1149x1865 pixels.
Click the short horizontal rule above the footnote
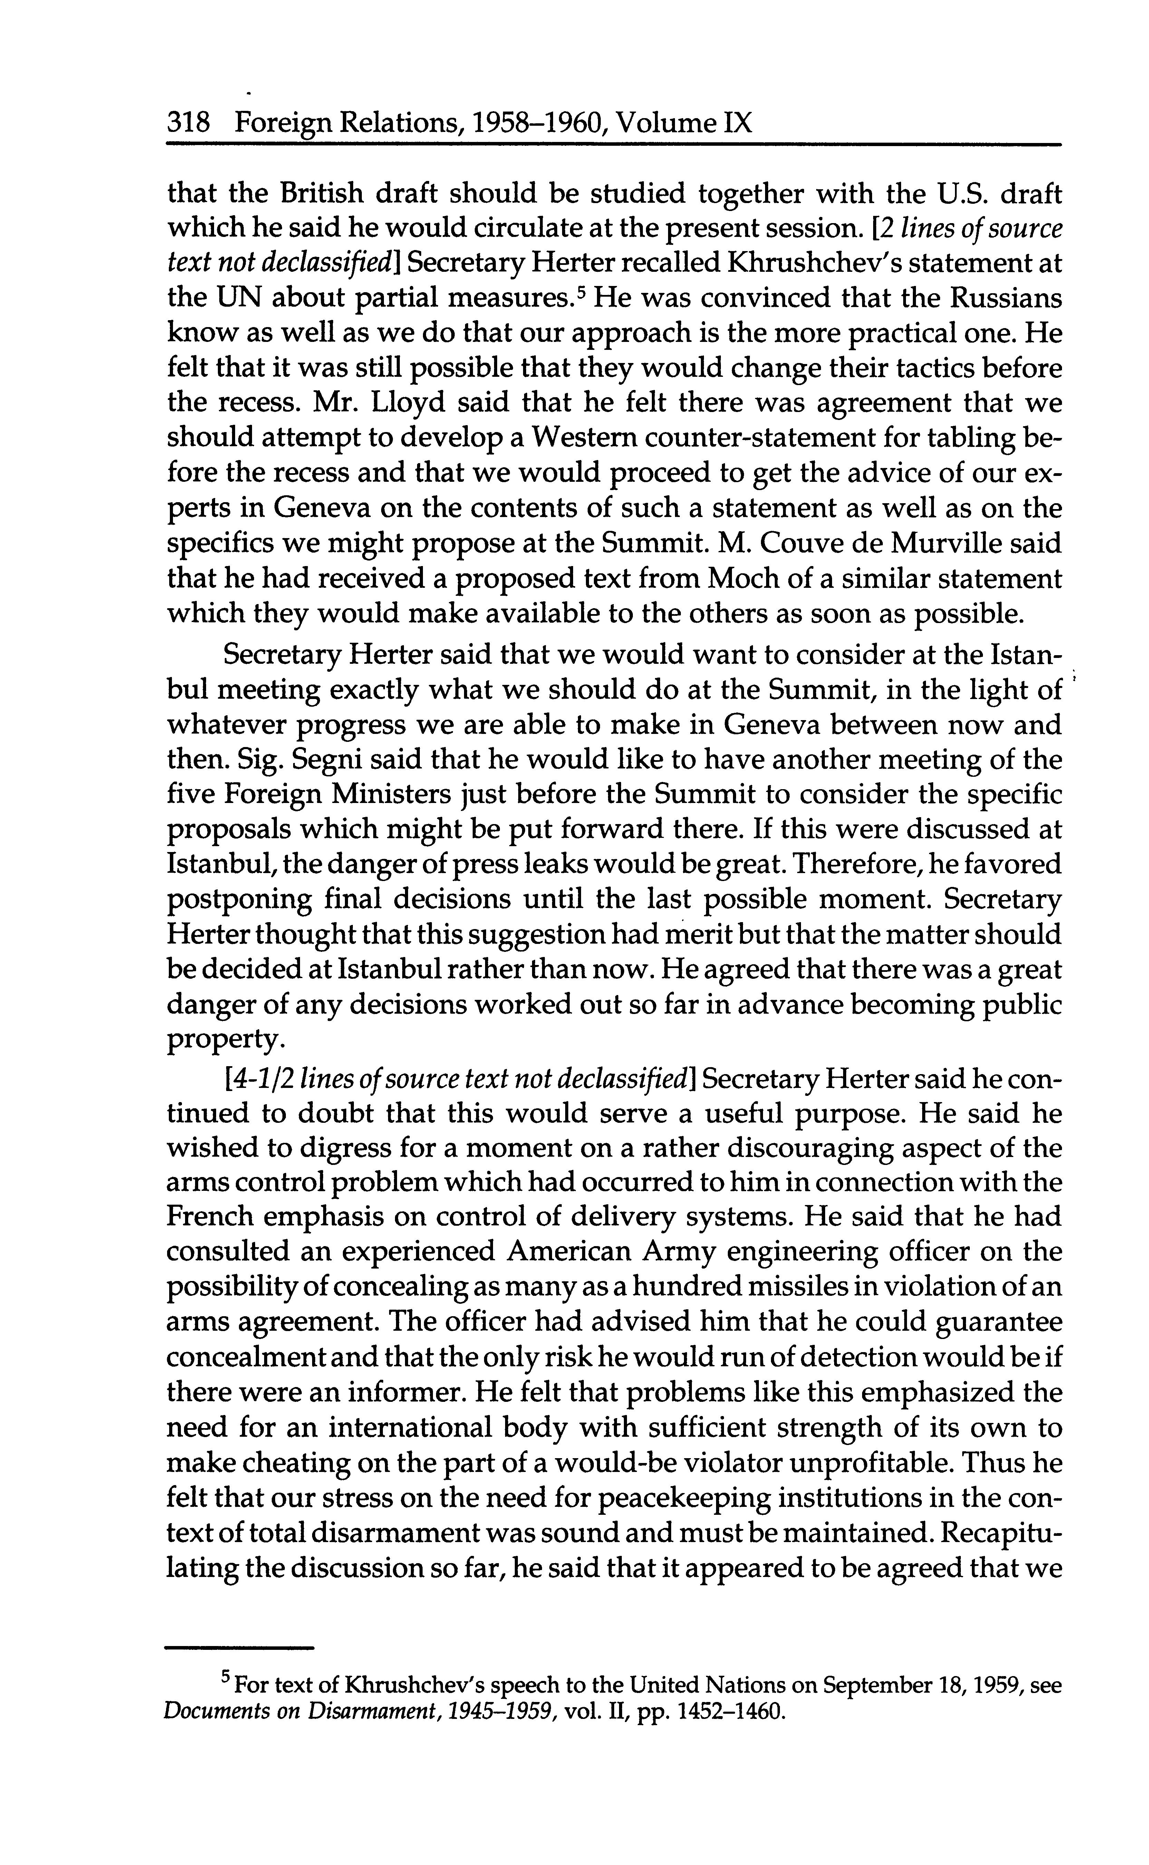(239, 1648)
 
